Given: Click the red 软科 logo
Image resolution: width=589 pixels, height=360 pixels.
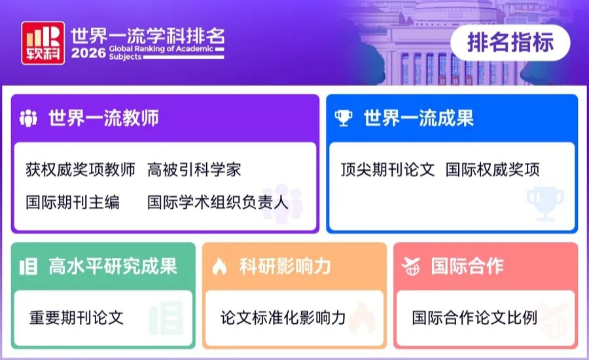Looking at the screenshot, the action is coord(43,43).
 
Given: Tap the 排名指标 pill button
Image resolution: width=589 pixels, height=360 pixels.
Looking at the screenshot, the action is coord(510,42).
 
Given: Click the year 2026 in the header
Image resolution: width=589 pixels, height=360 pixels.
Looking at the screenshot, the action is coord(88,53).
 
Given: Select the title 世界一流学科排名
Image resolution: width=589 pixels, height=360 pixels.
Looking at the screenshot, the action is coord(148,36).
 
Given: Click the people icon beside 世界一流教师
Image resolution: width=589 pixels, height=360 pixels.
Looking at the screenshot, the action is coord(28,118).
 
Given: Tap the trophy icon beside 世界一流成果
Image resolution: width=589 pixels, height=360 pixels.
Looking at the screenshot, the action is coord(344,118).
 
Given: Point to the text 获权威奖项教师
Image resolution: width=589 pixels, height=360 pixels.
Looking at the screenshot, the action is coord(80,170).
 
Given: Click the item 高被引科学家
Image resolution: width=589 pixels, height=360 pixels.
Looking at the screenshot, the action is coord(194,170).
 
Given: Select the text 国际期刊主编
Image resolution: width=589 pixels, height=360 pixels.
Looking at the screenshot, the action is coord(73,202).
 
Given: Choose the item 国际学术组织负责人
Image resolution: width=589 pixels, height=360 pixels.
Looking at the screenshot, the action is coord(217,202).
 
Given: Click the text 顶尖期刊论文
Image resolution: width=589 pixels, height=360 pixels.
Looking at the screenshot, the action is coord(387,170).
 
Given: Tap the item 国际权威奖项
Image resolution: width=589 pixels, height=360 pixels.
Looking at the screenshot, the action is coord(492,170).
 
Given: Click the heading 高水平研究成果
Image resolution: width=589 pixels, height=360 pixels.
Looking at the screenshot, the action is coord(113,266).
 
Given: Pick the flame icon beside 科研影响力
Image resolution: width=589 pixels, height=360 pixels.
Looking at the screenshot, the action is coord(219,266).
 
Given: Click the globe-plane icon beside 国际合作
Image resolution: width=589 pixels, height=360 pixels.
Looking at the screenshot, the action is coord(410,266).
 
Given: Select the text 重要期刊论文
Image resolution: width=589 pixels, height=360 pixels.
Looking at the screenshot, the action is coord(77,317).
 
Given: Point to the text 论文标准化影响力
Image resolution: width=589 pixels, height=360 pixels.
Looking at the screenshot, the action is coord(283,317).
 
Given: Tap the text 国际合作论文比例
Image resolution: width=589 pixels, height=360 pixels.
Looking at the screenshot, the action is coord(474,317).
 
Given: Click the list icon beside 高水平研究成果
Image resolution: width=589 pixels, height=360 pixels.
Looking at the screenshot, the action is coord(29,266).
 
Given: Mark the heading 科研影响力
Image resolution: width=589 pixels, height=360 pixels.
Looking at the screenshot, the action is coord(285,266).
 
